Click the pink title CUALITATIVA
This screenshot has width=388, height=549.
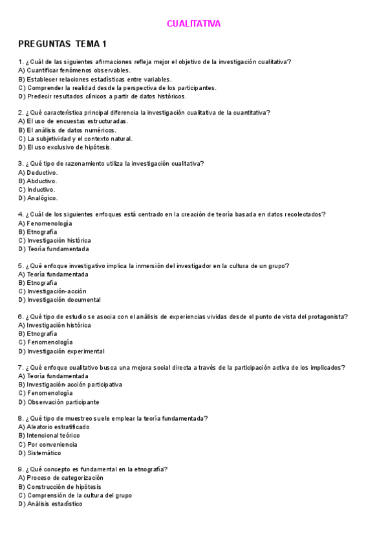[193, 24]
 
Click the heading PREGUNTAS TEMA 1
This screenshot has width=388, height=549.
[63, 44]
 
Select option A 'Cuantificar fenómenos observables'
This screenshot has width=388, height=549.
[74, 71]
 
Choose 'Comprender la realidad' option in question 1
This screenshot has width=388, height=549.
[117, 87]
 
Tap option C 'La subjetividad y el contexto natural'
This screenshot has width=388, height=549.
[75, 139]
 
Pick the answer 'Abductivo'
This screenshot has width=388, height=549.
[38, 181]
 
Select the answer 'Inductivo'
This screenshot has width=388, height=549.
[38, 190]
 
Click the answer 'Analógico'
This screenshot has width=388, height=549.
[38, 198]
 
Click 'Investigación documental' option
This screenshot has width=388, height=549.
[59, 300]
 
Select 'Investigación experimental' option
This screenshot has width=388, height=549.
[61, 351]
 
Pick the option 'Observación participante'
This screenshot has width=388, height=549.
[59, 402]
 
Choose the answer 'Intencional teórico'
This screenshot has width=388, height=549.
[52, 436]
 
